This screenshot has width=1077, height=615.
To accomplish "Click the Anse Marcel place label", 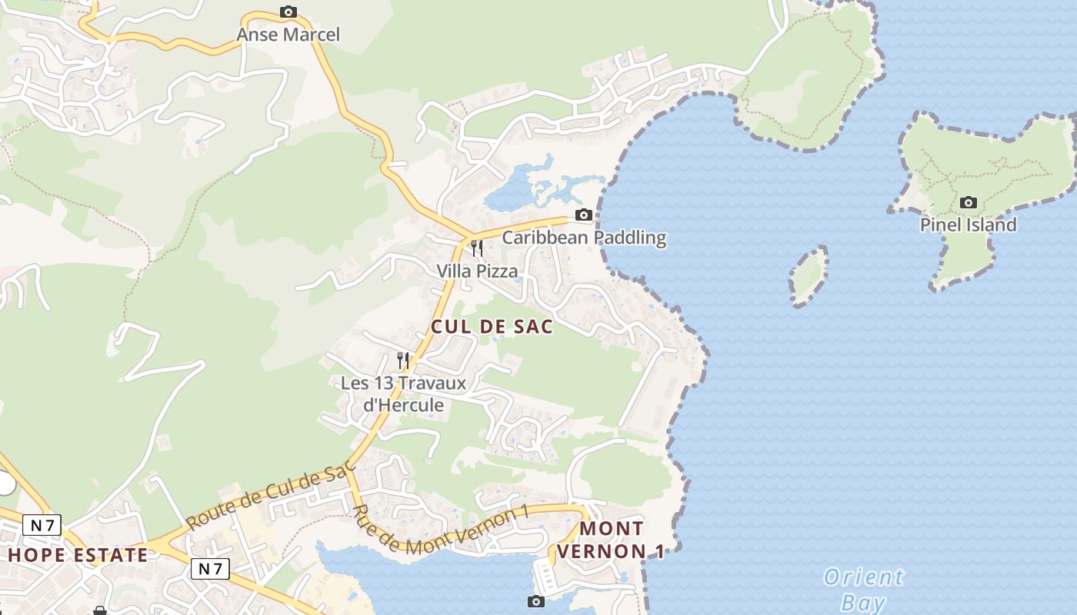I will pos(288,35).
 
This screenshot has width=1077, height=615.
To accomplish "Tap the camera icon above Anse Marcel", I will pos(288,12).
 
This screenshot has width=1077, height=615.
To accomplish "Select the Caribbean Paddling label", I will pos(584,238).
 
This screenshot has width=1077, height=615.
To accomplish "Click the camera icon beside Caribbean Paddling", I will pos(584,214).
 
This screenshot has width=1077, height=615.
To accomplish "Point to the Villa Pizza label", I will pos(477,271).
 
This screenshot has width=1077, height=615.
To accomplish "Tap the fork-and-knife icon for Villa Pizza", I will pos(477,248).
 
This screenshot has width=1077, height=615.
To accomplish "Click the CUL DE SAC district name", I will pos(492,327).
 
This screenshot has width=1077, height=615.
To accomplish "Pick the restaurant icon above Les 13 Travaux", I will pos(402,359).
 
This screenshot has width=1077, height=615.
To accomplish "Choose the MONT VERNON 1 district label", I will pos(611,540).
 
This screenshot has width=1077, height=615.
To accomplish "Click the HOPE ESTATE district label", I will pos(78,555).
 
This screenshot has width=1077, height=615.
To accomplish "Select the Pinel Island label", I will pos(968,224).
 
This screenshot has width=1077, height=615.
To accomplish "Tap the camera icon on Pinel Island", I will pos(969,202).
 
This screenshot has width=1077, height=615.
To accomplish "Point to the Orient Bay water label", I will pos(863,589).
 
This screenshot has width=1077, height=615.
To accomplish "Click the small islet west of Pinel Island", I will pos(809,276).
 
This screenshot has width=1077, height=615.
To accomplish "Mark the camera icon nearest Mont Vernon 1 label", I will pos(536,601).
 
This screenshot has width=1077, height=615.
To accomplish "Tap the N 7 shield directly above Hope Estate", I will pos(42,526).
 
